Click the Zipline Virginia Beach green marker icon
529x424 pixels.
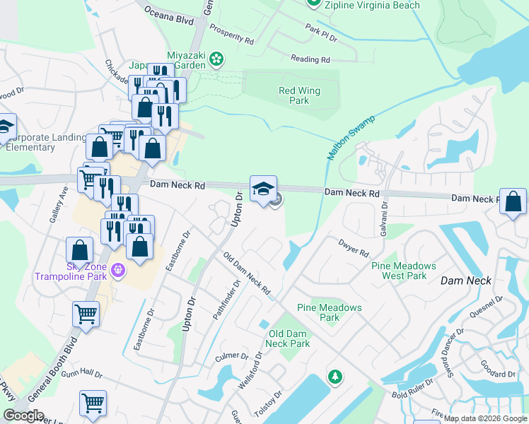tap(314, 4)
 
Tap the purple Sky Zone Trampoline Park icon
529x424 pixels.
tap(117, 269)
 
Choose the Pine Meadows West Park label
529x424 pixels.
tap(404, 270)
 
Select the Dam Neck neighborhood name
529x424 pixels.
tap(465, 281)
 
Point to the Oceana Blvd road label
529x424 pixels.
tap(168, 16)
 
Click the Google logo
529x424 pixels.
tap(24, 416)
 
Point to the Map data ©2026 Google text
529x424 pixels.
tap(484, 418)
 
